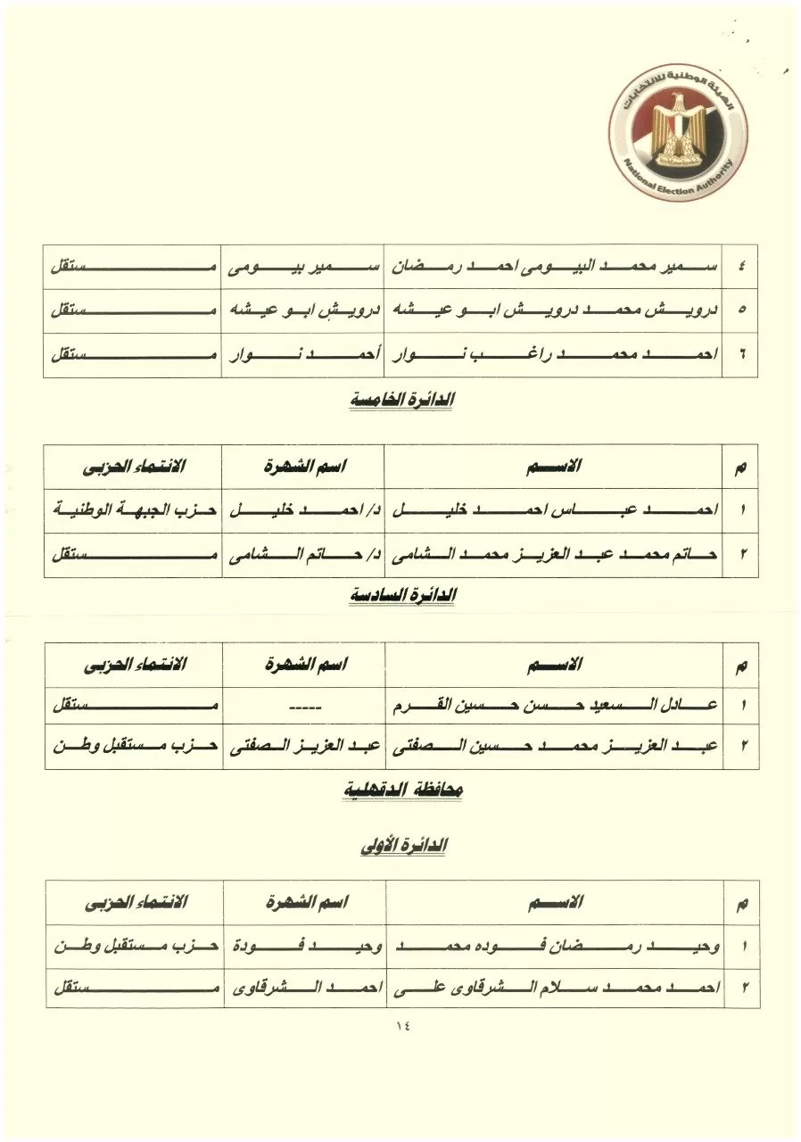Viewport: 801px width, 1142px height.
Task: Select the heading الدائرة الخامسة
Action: click(x=401, y=401)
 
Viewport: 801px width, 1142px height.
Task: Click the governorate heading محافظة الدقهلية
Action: click(x=403, y=790)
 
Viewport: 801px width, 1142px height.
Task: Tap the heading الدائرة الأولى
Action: click(x=403, y=846)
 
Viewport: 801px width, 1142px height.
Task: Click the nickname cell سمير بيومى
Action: click(x=303, y=267)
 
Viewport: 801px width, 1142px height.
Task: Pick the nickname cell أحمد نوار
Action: click(x=303, y=355)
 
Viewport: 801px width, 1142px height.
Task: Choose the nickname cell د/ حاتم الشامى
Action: click(x=303, y=555)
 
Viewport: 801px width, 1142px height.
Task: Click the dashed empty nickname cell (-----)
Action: click(x=303, y=708)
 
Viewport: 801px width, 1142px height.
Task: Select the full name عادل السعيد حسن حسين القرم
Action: click(x=553, y=708)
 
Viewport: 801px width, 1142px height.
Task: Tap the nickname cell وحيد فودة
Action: click(x=303, y=946)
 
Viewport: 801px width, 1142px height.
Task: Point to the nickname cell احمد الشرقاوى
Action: click(x=303, y=989)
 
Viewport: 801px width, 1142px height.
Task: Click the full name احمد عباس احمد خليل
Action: click(x=553, y=511)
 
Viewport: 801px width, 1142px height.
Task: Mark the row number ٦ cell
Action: click(x=741, y=355)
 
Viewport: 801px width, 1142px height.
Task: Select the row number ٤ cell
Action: click(x=741, y=267)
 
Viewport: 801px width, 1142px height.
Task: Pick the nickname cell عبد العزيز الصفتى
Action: click(x=303, y=750)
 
